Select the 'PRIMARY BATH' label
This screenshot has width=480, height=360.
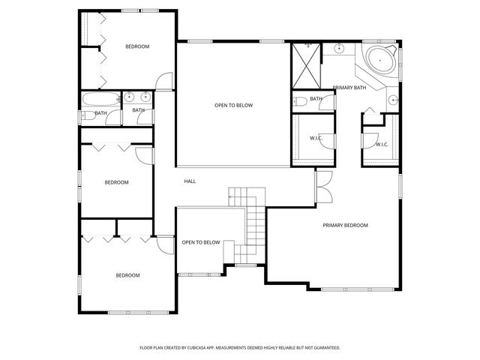349,88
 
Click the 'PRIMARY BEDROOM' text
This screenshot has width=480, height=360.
345,225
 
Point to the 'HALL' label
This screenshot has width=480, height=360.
190,181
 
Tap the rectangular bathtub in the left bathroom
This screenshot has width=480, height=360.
100,97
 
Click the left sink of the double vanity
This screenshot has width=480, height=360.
130,96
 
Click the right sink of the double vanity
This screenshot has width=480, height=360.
145,96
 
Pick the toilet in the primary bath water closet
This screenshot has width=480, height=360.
299,101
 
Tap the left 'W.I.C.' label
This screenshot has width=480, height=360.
316,138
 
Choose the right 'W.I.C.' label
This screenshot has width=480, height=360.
381,145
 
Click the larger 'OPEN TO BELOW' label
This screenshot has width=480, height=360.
233,105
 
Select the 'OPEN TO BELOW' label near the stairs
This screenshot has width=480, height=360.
201,242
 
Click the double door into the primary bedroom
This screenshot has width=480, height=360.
322,186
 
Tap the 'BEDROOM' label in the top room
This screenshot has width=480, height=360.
137,46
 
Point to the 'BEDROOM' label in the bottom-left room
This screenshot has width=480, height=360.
127,275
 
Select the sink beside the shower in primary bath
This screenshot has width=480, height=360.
339,49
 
